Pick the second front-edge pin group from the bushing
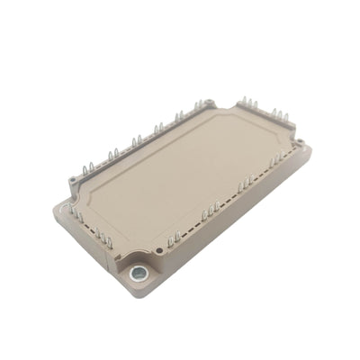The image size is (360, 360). tap(211, 211)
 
